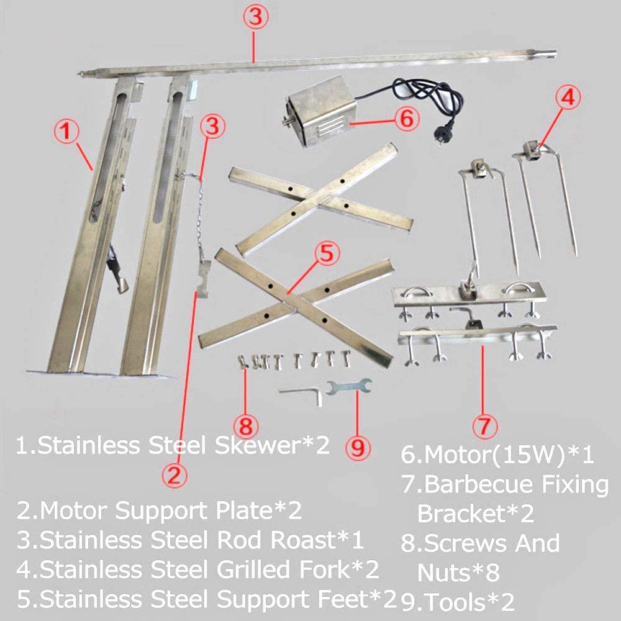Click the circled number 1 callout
click(x=66, y=132)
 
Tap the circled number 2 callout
click(x=175, y=475)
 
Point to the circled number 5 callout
click(x=327, y=253)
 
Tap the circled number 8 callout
click(x=246, y=427)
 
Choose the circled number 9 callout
click(x=358, y=448)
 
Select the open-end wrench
click(x=349, y=386)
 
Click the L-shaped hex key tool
click(x=302, y=394)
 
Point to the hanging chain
click(x=201, y=216)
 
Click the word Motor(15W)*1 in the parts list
click(x=497, y=455)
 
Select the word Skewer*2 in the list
click(x=272, y=445)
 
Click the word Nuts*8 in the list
click(x=458, y=573)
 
